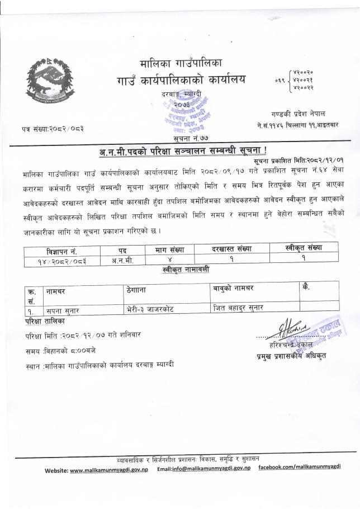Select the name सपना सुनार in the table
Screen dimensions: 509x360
(58, 307)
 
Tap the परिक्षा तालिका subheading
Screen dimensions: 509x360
(45, 322)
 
